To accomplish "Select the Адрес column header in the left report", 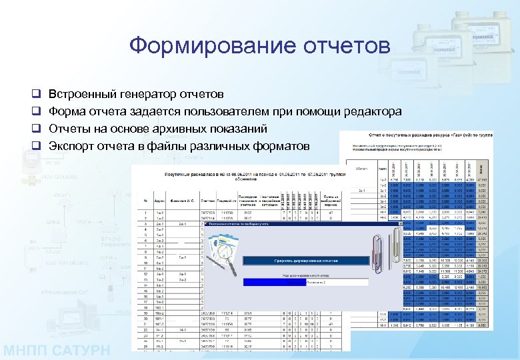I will tap(161, 199).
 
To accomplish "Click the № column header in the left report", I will tap(145, 199).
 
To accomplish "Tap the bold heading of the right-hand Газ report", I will tap(427, 135).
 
